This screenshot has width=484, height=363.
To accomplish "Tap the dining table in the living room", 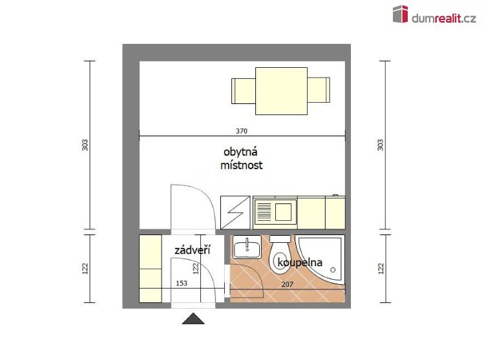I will tap(281, 90).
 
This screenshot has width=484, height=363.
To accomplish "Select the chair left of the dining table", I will tap(243, 90).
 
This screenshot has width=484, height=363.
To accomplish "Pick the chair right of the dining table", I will tap(319, 90).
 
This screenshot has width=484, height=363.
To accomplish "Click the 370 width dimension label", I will tap(241, 131).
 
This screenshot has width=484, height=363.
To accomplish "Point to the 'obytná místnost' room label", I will tap(241, 159).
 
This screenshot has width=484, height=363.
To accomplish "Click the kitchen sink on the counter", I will tap(275, 212).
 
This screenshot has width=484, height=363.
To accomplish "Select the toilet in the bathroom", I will tap(281, 254).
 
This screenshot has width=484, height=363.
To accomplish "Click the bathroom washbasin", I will tap(246, 247).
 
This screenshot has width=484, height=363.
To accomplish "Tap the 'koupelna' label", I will tap(299, 262).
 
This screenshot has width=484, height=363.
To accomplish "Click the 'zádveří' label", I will tap(193, 249).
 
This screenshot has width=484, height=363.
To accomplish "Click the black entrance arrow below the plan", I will tap(193, 318).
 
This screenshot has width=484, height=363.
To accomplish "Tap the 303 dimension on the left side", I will tap(85, 145).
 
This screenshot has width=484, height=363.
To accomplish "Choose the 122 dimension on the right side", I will tap(380, 267).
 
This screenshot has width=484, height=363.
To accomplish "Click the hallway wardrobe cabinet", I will tap(150, 268).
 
